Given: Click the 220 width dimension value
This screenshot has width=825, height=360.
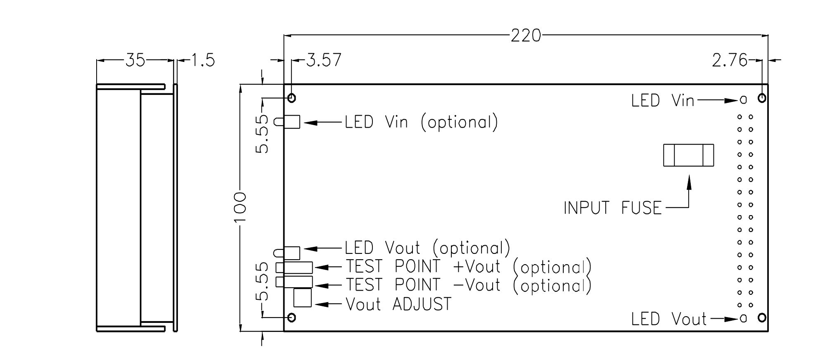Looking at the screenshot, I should click(526, 36).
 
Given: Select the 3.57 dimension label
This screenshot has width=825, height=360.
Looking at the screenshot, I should click(324, 60).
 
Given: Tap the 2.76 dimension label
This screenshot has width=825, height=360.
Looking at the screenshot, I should click(729, 61).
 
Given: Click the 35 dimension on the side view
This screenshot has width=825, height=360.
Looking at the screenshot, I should click(135, 60).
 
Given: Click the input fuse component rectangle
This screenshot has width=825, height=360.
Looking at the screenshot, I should click(688, 155).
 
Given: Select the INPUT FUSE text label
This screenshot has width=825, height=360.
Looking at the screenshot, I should click(612, 208).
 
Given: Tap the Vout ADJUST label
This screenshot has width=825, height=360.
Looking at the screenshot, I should click(398, 305).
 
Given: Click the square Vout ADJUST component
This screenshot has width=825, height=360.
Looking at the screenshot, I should click(302, 298).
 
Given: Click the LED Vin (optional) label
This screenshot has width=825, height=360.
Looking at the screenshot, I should click(421, 122).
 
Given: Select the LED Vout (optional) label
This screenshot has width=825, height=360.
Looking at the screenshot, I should click(427, 248).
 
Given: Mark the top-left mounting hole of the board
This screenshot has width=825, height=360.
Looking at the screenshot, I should click(292, 98).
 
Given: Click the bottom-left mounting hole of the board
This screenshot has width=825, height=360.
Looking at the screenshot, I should click(292, 317).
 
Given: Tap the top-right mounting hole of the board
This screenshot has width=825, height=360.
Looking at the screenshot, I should click(762, 98).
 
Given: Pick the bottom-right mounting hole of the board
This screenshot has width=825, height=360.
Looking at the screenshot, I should click(762, 317).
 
